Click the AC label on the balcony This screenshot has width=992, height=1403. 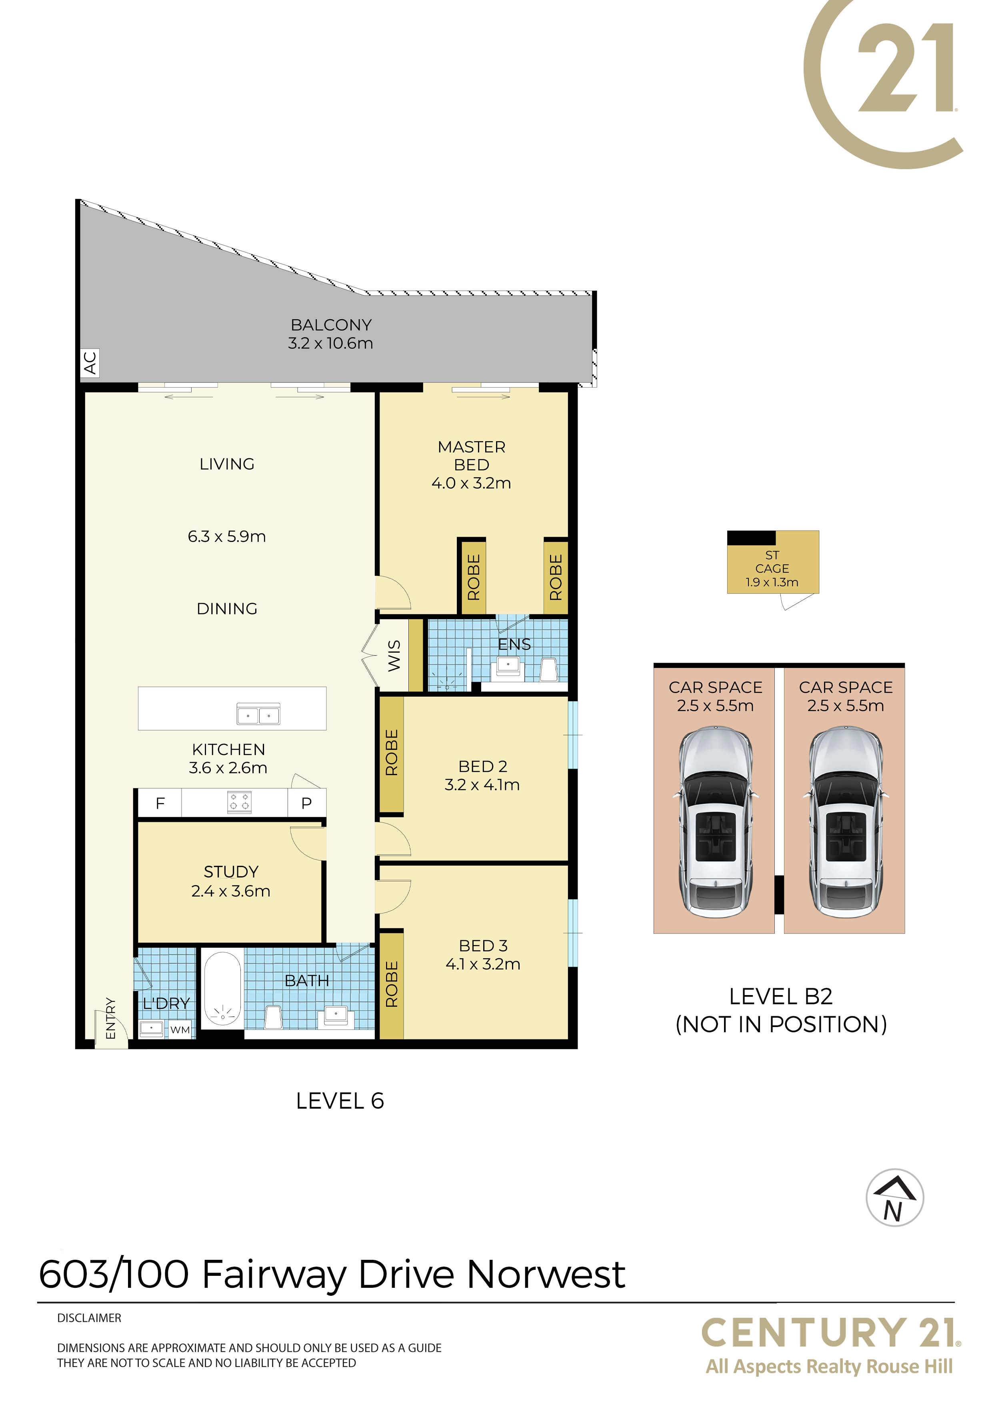pos(90,363)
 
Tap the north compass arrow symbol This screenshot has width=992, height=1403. pos(894,1198)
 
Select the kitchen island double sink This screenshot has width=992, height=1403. pos(258,714)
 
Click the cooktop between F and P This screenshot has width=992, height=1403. pos(239,802)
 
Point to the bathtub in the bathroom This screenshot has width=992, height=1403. pos(222,989)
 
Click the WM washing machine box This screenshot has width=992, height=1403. pos(180,1029)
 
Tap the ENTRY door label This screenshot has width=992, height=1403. pos(111,1018)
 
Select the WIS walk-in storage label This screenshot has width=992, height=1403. pos(394,656)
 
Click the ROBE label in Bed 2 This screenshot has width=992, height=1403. pos(392,753)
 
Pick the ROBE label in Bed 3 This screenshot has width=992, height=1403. pos(392,984)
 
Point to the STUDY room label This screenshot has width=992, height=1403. pos(231,872)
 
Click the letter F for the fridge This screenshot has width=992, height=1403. pos(160,803)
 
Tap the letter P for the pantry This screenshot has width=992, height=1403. pos(306,803)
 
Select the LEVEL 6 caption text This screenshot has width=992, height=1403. pos(340,1101)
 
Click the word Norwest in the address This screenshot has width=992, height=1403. pos(546,1275)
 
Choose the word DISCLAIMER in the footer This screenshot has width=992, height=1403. pos(89,1318)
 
